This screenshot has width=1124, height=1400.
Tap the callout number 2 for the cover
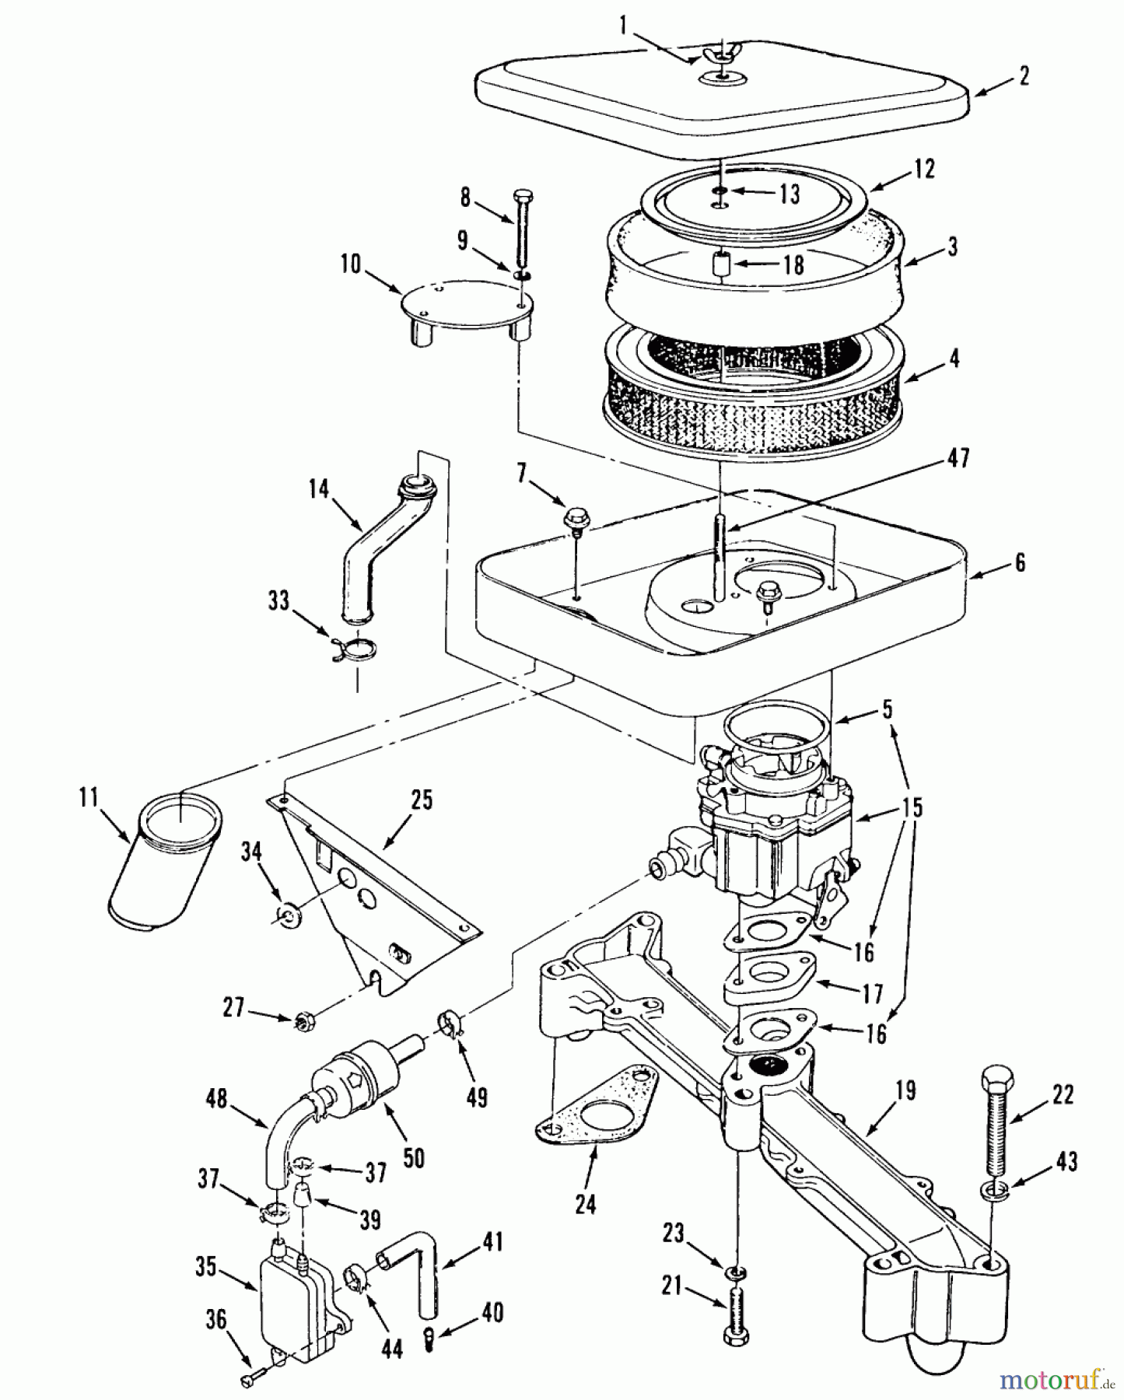(1023, 76)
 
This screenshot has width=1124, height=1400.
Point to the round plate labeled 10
(465, 305)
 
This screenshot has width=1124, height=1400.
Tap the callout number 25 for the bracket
(421, 800)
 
